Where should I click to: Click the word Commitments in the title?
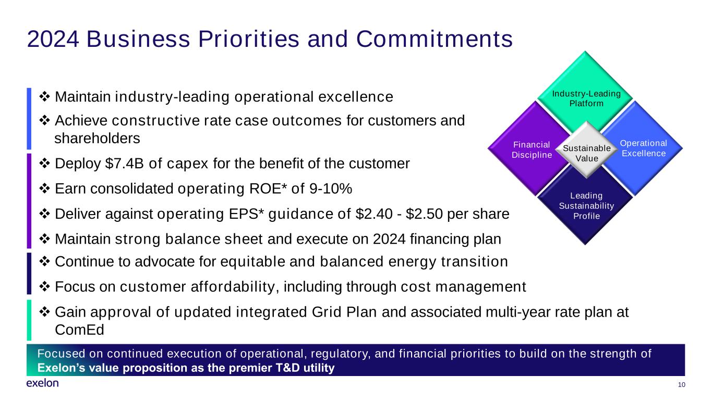point(434,39)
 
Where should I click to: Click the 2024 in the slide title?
point(53,39)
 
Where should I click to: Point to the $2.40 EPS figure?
point(374,214)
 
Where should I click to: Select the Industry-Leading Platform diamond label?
point(586,98)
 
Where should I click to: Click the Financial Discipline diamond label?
point(532,150)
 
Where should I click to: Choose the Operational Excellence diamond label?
point(643,148)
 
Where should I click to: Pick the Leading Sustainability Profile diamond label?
point(586,206)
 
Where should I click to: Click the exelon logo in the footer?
point(43,383)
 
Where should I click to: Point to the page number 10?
point(681,385)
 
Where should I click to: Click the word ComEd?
point(79,330)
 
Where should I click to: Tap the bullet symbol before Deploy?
point(44,164)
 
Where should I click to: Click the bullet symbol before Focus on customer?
point(44,286)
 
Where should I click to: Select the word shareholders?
point(97,139)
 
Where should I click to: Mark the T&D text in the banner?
point(287,368)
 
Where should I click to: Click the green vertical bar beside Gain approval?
point(29,320)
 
